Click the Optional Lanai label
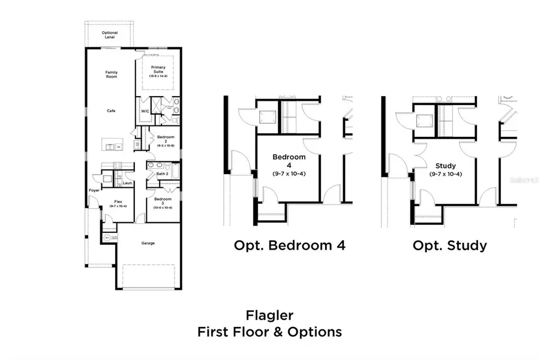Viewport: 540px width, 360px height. (109, 35)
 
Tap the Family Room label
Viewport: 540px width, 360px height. (111, 74)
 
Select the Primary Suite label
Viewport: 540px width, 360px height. (158, 70)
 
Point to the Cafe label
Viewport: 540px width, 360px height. (111, 110)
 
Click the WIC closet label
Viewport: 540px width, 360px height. (145, 111)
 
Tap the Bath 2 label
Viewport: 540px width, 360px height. (161, 174)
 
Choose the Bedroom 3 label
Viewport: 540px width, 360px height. (163, 201)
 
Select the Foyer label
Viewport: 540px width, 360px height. (94, 190)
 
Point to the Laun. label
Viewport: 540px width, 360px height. (127, 182)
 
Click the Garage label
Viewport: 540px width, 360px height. (148, 243)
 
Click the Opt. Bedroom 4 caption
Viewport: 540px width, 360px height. (289, 245)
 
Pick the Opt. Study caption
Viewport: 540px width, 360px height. (449, 245)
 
